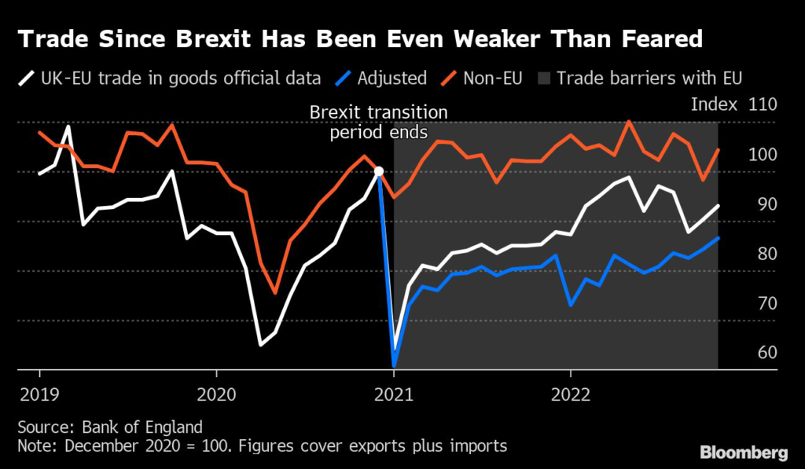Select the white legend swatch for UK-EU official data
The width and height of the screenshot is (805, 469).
(27, 78)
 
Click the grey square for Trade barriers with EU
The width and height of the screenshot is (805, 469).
(544, 78)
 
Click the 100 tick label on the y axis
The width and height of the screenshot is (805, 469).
(762, 154)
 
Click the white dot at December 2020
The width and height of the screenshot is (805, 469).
(378, 171)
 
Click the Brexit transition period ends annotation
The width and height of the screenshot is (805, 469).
(378, 123)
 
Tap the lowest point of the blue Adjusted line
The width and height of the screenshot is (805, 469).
(393, 365)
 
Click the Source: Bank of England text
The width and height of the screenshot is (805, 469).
(110, 427)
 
